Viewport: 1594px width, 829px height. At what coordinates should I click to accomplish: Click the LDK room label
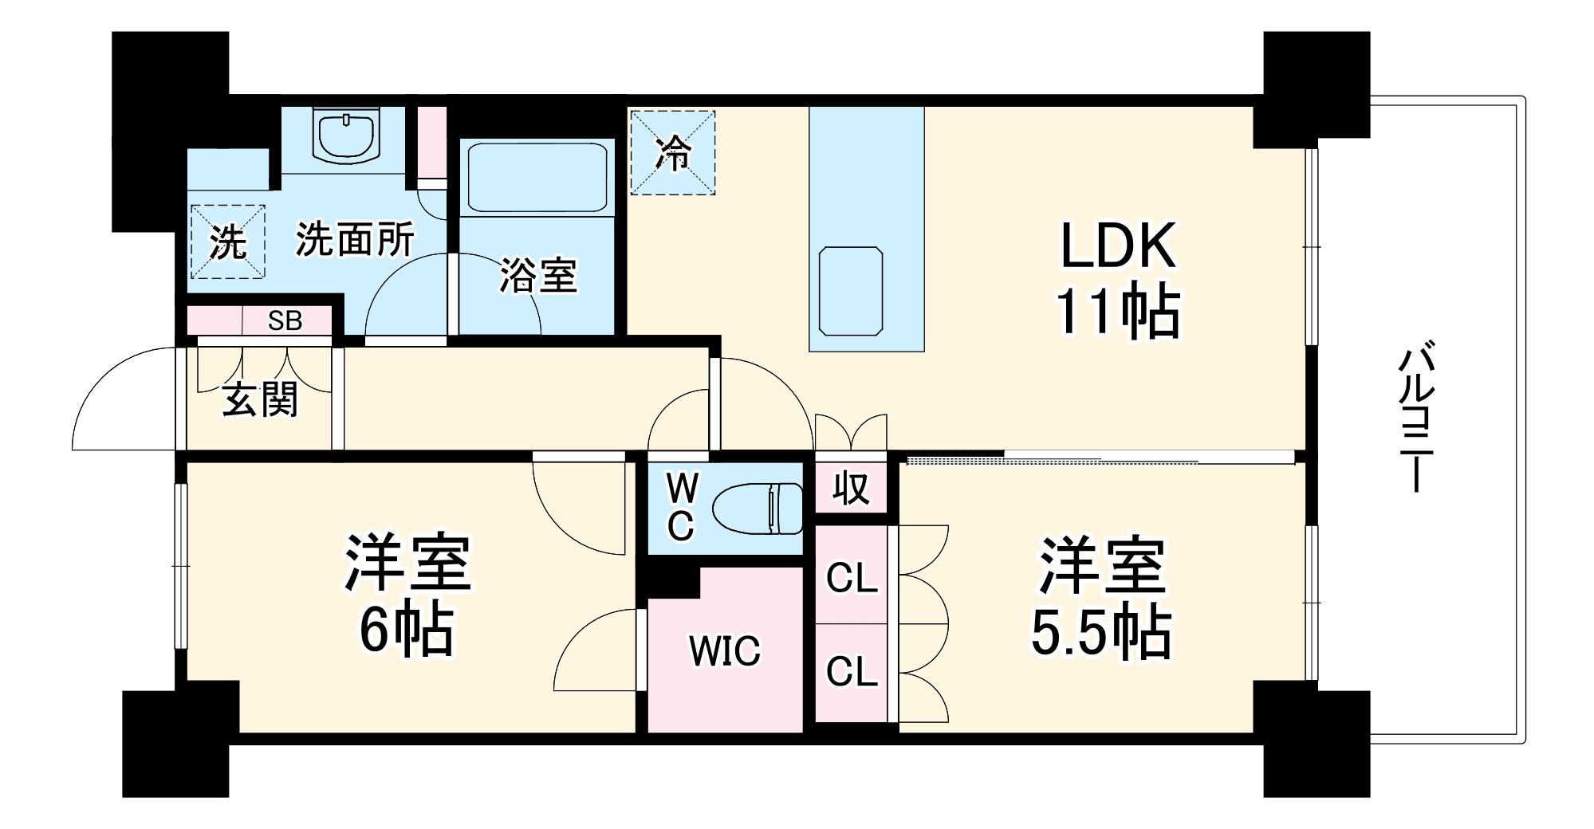point(1118,246)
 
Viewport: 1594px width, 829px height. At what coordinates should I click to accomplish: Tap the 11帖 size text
point(1118,311)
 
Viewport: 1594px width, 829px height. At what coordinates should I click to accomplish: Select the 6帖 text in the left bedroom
point(407,631)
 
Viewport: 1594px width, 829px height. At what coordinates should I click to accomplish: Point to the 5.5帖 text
point(1101,634)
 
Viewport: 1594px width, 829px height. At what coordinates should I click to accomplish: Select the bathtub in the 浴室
point(537,177)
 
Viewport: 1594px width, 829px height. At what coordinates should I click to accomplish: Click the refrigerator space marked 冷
point(672,152)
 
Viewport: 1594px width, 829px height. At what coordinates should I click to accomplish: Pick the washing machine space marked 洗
point(227,242)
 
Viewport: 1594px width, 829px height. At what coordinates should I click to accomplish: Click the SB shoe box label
point(285,320)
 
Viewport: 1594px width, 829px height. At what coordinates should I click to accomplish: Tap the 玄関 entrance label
point(260,399)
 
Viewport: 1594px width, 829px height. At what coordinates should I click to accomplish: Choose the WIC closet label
point(725,651)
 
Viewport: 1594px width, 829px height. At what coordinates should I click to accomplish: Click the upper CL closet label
point(852,578)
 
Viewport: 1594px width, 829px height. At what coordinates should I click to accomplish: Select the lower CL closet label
point(852,671)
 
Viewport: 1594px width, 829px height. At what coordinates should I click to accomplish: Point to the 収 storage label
point(851,488)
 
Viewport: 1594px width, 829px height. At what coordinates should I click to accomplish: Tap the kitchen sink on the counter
point(851,291)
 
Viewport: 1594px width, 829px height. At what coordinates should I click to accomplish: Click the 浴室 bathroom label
point(537,276)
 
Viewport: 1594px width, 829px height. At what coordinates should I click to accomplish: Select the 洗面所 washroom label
point(355,239)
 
